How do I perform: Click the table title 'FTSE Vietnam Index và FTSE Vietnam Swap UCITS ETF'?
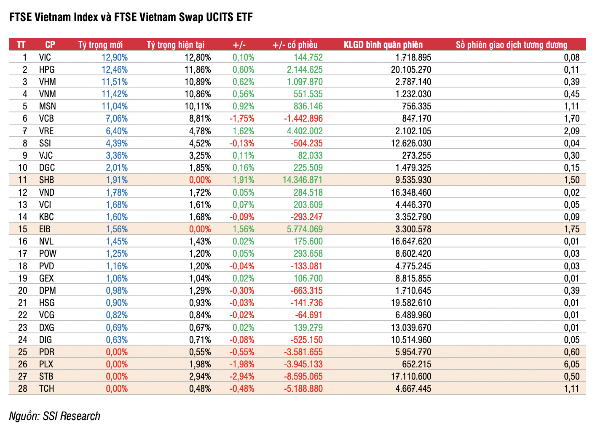(131, 17)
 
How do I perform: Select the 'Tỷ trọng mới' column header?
(100, 45)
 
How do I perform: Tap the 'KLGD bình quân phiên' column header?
(383, 45)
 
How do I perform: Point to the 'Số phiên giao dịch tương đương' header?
(511, 45)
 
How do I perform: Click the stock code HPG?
(47, 69)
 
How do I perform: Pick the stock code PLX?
(46, 364)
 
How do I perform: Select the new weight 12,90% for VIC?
(114, 57)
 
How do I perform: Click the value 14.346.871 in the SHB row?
(302, 180)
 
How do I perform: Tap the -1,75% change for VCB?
(242, 118)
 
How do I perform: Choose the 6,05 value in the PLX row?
(571, 364)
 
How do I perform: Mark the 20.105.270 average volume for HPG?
(411, 69)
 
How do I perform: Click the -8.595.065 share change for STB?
(303, 376)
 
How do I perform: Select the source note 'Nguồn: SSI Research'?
(55, 416)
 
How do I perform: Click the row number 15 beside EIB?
(23, 229)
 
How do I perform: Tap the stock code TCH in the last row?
(47, 388)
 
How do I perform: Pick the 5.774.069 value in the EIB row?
(305, 229)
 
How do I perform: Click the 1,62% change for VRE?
(243, 131)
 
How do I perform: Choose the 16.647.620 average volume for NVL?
(411, 241)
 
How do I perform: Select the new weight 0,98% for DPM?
(117, 290)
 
